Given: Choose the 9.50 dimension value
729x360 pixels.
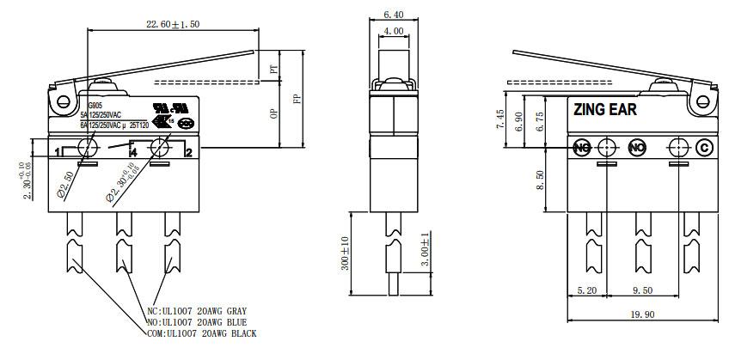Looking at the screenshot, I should tap(643, 290).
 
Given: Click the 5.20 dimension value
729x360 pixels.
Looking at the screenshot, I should tap(589, 290).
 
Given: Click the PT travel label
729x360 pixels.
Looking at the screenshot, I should tap(274, 70).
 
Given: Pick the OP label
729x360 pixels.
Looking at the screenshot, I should tap(274, 114).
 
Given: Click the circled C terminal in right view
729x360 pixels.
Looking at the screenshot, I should tap(703, 147).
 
